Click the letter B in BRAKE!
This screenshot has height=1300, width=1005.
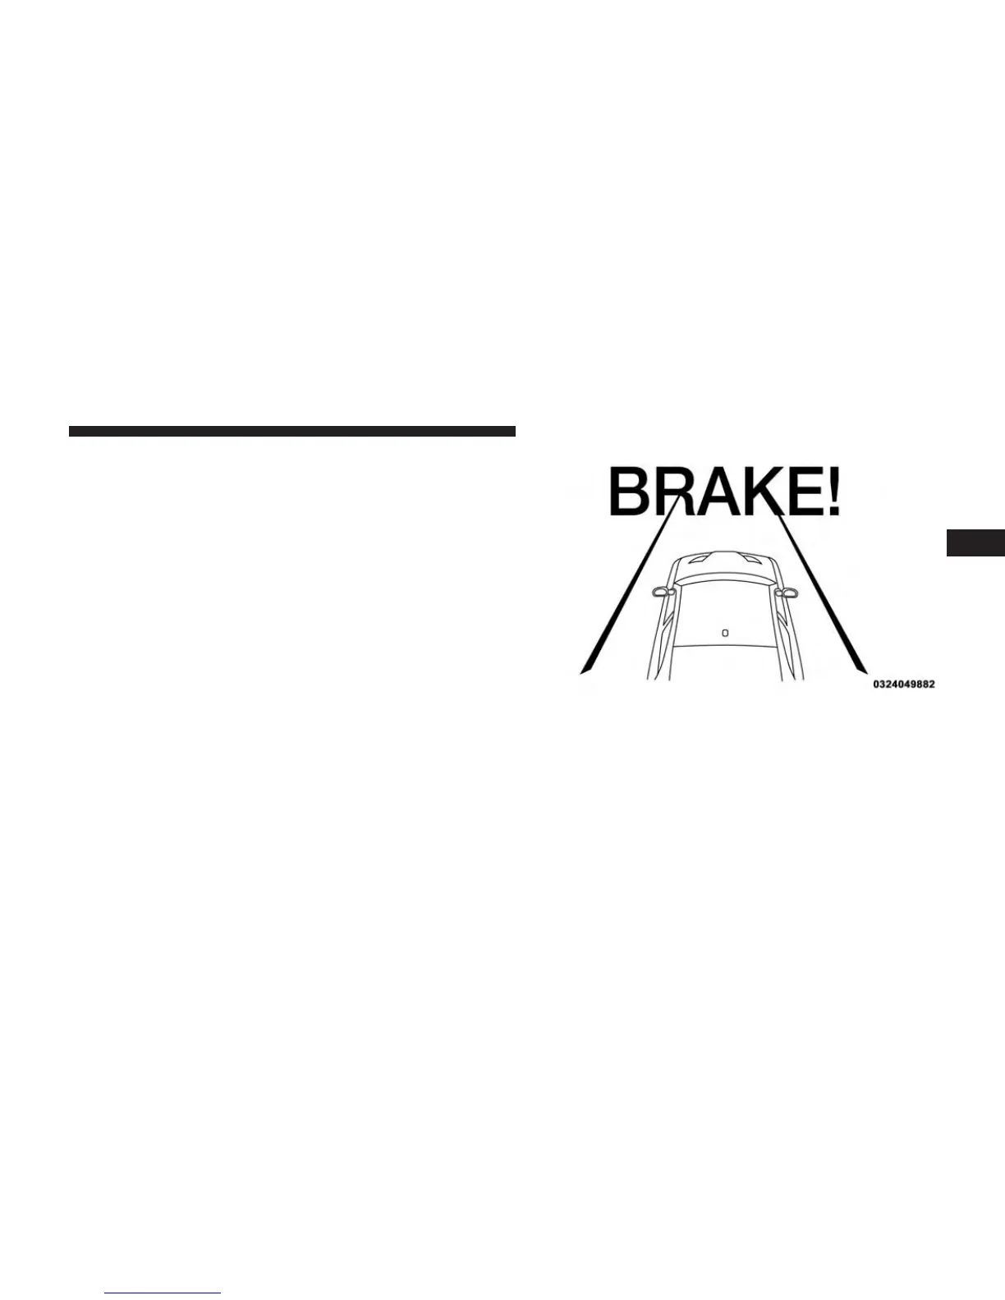pos(629,492)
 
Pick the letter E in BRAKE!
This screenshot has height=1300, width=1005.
pos(802,492)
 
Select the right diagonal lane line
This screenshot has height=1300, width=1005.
pos(821,591)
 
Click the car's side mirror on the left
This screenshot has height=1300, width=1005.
pos(659,591)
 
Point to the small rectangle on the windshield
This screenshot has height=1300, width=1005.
pos(724,632)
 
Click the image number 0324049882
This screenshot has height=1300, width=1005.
pos(903,684)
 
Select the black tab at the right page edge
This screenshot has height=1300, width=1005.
pos(975,542)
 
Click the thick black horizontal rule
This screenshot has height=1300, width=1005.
pos(291,432)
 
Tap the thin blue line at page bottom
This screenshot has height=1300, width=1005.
pos(163,1293)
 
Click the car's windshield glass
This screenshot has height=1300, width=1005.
pos(723,616)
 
